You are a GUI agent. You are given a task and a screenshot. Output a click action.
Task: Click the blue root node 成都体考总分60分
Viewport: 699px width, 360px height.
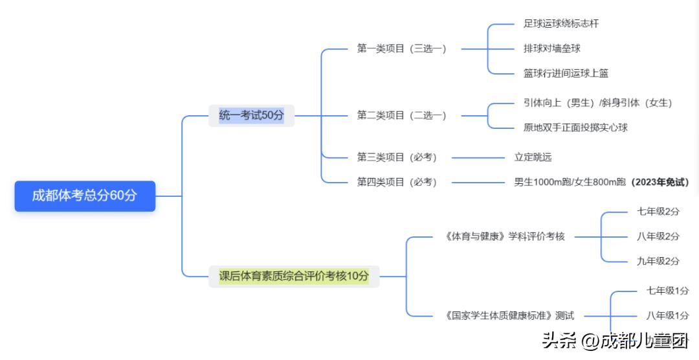pyautogui.click(x=85, y=196)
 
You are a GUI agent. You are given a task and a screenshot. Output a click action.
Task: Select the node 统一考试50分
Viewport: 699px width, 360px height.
pyautogui.click(x=251, y=115)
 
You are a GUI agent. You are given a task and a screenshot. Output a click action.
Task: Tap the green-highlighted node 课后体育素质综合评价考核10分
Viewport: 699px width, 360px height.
pyautogui.click(x=294, y=276)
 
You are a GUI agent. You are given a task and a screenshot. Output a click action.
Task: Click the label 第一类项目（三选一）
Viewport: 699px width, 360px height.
pyautogui.click(x=401, y=49)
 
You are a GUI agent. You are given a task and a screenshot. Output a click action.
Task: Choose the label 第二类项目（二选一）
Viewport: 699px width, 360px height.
pyautogui.click(x=401, y=115)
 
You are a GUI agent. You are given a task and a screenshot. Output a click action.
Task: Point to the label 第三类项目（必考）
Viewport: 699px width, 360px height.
pyautogui.click(x=397, y=157)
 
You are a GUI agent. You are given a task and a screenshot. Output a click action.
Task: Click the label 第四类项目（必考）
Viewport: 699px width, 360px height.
pyautogui.click(x=397, y=182)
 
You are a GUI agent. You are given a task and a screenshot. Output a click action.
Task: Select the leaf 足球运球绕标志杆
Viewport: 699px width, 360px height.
pyautogui.click(x=560, y=23)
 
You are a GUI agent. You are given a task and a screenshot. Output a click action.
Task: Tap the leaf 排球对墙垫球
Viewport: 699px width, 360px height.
pyautogui.click(x=551, y=49)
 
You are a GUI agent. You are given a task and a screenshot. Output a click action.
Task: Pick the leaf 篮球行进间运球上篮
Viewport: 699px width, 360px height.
pyautogui.click(x=566, y=73)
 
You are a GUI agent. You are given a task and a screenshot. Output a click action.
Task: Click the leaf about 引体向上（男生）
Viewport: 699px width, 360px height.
pyautogui.click(x=597, y=103)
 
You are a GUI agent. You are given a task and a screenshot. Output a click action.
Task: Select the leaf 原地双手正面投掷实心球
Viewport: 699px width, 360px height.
pyautogui.click(x=575, y=128)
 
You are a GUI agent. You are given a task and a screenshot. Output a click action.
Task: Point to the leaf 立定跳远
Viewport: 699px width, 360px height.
pyautogui.click(x=533, y=157)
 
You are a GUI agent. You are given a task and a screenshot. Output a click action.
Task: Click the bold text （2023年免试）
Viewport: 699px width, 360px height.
pyautogui.click(x=660, y=182)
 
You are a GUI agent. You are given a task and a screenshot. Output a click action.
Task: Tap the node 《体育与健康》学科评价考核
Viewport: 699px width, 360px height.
pyautogui.click(x=505, y=236)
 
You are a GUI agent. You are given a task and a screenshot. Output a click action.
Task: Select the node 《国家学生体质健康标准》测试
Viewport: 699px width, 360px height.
pyautogui.click(x=509, y=316)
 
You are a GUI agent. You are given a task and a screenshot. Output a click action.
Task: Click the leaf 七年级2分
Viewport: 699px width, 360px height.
pyautogui.click(x=658, y=212)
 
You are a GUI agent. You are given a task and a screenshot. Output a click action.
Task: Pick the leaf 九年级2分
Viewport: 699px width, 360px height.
pyautogui.click(x=658, y=262)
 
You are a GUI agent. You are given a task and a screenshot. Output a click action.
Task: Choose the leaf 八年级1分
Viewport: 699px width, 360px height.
pyautogui.click(x=667, y=316)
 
